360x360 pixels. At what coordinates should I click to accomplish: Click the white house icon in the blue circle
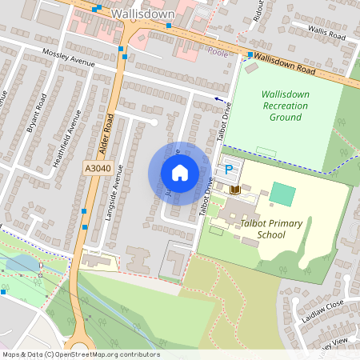[x=180, y=172]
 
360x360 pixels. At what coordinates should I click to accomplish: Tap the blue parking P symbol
[x=229, y=170]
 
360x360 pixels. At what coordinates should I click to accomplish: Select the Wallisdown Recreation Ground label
[x=285, y=106]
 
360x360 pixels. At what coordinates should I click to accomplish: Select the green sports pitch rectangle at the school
[x=282, y=193]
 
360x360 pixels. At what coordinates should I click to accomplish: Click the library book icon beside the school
[x=235, y=190]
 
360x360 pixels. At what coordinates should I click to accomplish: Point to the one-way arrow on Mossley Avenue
[x=218, y=98]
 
